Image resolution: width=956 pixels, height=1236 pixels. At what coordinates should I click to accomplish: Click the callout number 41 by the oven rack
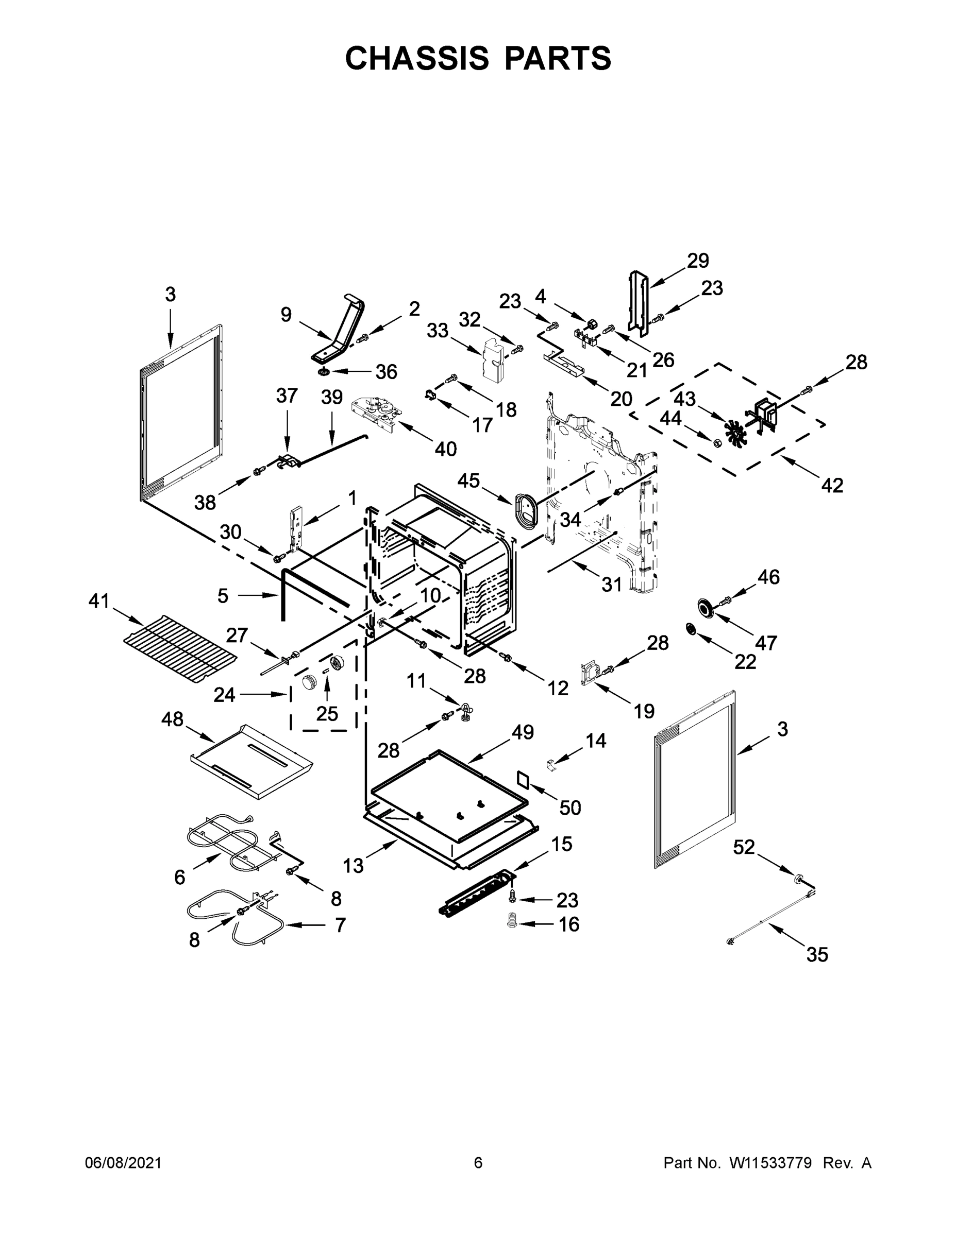[98, 601]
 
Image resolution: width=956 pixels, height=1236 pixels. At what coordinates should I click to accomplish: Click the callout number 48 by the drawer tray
[172, 719]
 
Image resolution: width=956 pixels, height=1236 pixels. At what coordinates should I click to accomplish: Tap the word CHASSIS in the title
[417, 58]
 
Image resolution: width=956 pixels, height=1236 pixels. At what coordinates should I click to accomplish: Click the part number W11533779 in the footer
[770, 1163]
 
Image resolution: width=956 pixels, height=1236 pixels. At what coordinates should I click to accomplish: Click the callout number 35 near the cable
[817, 955]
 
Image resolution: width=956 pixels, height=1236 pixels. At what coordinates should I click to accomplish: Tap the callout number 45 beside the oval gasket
[468, 480]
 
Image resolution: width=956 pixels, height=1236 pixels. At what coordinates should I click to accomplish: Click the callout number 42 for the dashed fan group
[832, 485]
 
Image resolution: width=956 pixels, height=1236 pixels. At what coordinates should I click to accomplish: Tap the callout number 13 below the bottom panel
[353, 865]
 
